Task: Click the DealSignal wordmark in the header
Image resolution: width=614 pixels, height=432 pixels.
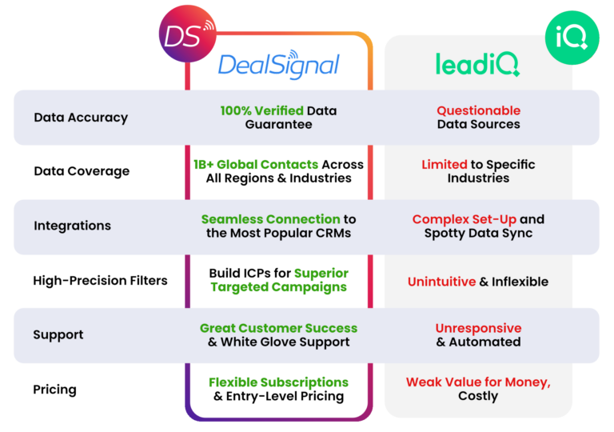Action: tap(279, 65)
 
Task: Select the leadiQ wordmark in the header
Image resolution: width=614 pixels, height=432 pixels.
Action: tap(478, 65)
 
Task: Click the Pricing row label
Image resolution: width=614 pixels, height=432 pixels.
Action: tap(54, 390)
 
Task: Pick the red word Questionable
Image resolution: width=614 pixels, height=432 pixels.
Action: tap(478, 110)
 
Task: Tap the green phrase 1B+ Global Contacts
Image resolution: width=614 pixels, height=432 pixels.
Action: tap(250, 164)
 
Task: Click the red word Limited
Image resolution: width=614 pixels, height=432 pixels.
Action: tap(445, 164)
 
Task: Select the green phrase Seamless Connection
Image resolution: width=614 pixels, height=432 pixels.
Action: tap(270, 219)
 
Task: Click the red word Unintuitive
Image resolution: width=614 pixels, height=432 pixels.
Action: tap(441, 281)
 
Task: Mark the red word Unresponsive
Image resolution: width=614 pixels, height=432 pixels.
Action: tap(478, 328)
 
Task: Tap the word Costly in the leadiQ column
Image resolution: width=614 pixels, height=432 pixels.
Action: tap(478, 396)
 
